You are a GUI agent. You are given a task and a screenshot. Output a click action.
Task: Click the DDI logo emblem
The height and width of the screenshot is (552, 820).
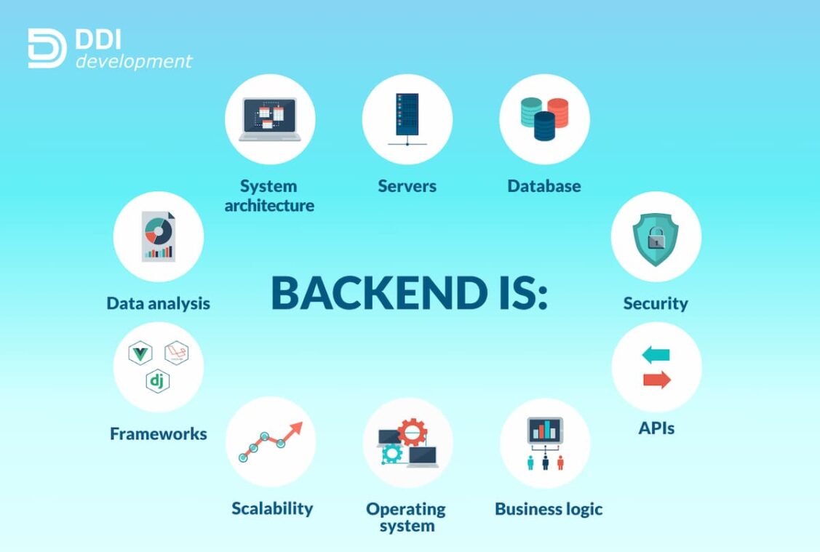pos(47,48)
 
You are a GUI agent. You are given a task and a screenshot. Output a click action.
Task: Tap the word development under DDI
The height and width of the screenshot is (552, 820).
pos(134,62)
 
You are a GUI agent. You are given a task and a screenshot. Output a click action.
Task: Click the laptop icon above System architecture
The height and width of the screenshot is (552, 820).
pos(270,119)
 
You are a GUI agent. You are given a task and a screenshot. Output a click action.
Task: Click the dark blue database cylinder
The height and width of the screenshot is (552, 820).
pos(544,126)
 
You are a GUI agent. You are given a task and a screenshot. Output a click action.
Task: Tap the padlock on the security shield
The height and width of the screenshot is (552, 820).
pos(656,239)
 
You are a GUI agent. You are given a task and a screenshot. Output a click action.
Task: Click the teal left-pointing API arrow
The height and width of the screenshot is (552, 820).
pos(656,354)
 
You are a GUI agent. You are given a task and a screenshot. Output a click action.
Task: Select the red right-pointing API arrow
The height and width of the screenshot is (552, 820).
pos(657,380)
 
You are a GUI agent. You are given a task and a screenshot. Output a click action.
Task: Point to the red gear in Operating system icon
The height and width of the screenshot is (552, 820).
pos(413,432)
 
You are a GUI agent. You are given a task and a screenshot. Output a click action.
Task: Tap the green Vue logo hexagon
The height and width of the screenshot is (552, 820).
pos(140,353)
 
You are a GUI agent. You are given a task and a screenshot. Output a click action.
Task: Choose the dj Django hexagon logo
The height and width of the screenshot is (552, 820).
pos(157,380)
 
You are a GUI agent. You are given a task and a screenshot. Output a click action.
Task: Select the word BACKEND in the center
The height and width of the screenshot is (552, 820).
pos(380,292)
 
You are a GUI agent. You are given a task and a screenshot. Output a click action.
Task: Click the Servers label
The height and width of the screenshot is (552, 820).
pos(407,186)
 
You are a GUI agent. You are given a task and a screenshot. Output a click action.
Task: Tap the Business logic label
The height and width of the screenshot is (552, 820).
pos(549,509)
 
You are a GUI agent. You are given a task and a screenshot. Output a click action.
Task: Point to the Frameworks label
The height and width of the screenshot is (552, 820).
pos(159,434)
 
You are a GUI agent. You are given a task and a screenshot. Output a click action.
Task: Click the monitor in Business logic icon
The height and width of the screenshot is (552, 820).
pos(545,431)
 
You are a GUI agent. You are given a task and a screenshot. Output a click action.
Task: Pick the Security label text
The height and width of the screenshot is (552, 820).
pos(656,304)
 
